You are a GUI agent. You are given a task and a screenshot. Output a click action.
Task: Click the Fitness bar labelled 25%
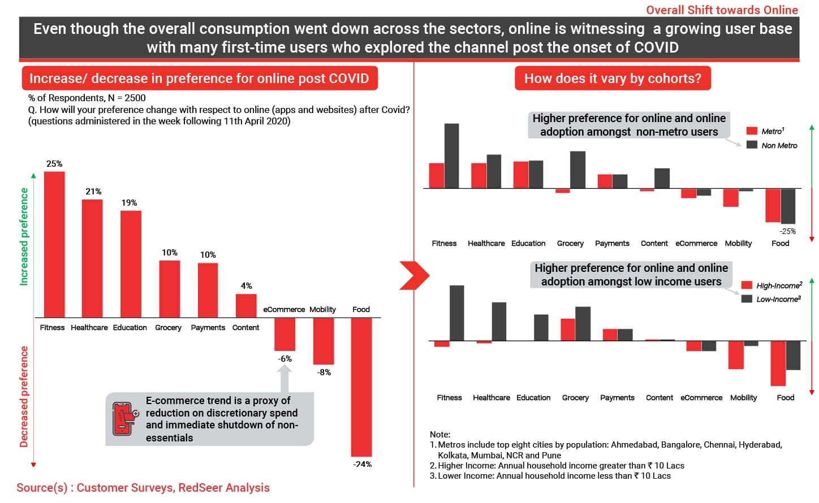pyautogui.click(x=54, y=244)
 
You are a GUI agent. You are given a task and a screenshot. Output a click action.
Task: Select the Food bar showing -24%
pyautogui.click(x=361, y=387)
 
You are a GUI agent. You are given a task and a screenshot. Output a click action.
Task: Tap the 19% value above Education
pyautogui.click(x=129, y=202)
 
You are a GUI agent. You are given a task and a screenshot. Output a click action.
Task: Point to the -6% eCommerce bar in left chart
pyautogui.click(x=285, y=334)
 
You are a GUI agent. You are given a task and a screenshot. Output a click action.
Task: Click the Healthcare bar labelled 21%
pyautogui.click(x=92, y=258)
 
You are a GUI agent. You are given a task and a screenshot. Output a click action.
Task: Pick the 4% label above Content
pyautogui.click(x=247, y=285)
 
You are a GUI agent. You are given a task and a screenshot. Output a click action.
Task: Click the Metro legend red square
pyautogui.click(x=752, y=131)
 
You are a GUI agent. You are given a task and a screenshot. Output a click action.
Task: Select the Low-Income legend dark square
pyautogui.click(x=747, y=299)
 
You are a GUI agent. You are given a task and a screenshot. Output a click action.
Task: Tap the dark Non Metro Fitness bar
pyautogui.click(x=451, y=155)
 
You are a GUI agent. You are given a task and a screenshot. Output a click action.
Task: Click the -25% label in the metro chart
pyautogui.click(x=787, y=231)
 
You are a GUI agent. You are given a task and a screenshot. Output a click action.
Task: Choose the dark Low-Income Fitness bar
pyautogui.click(x=456, y=313)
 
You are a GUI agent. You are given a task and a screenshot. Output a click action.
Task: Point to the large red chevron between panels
pyautogui.click(x=414, y=275)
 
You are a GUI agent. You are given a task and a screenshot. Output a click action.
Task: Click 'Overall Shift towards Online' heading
pyautogui.click(x=722, y=10)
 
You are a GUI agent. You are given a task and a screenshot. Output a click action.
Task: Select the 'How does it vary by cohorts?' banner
pyautogui.click(x=613, y=79)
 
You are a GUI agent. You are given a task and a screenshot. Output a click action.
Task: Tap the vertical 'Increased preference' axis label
pyautogui.click(x=24, y=236)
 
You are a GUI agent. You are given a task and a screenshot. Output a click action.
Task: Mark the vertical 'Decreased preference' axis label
pyautogui.click(x=24, y=396)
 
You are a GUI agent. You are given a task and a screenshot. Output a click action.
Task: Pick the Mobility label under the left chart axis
pyautogui.click(x=322, y=309)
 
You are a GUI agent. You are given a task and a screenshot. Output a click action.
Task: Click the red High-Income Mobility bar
pyautogui.click(x=736, y=355)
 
